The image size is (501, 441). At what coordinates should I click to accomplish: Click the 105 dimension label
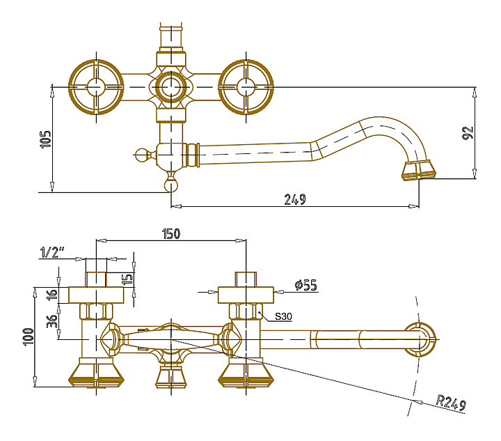click(46, 139)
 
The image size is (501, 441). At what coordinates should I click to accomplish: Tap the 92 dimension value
click(468, 132)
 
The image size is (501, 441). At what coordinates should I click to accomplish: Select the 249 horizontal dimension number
click(295, 199)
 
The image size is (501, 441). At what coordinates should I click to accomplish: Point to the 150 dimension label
click(171, 234)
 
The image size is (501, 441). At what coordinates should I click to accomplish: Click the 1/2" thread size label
click(52, 252)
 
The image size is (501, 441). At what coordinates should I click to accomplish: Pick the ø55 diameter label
click(306, 285)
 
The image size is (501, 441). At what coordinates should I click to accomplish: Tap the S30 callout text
click(283, 316)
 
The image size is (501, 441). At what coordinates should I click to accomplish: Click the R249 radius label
click(452, 403)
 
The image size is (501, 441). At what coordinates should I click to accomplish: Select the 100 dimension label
click(28, 336)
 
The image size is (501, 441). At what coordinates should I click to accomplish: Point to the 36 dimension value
click(51, 321)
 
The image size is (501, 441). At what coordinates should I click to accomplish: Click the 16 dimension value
click(51, 294)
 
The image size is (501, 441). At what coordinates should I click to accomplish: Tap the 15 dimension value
click(127, 279)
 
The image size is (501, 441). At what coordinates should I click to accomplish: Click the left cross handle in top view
click(96, 87)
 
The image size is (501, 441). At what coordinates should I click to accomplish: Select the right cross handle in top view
click(246, 87)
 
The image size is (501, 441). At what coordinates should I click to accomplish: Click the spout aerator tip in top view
click(419, 171)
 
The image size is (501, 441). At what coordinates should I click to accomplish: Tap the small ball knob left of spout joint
click(141, 155)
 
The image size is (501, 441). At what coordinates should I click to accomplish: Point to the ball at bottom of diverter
click(171, 185)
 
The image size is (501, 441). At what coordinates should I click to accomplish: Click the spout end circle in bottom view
click(420, 339)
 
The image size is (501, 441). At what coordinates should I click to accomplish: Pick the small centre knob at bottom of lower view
click(171, 377)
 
